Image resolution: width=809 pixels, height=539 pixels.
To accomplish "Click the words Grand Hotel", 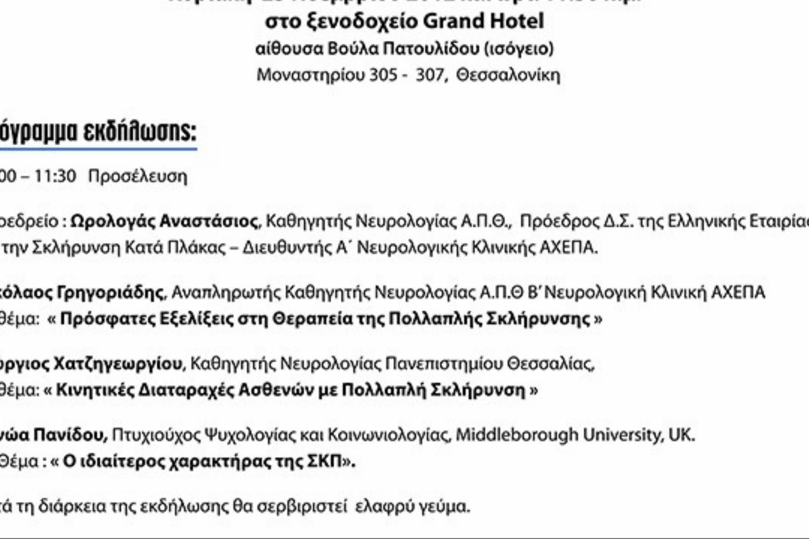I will pos(483,21).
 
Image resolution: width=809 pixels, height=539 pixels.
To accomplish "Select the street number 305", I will pos(383,75).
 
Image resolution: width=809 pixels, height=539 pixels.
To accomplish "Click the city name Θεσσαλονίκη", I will pos(508,75).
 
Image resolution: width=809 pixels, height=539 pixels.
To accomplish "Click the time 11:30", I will pos(55,176).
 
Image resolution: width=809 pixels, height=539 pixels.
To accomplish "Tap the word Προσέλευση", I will pos(137,176).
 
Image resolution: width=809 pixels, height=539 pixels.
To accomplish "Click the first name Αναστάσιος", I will pos(209,221).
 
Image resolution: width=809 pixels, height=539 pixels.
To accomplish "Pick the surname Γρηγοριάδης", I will pos(110,292).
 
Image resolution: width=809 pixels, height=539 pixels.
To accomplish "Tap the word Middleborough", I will pos(517,435).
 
